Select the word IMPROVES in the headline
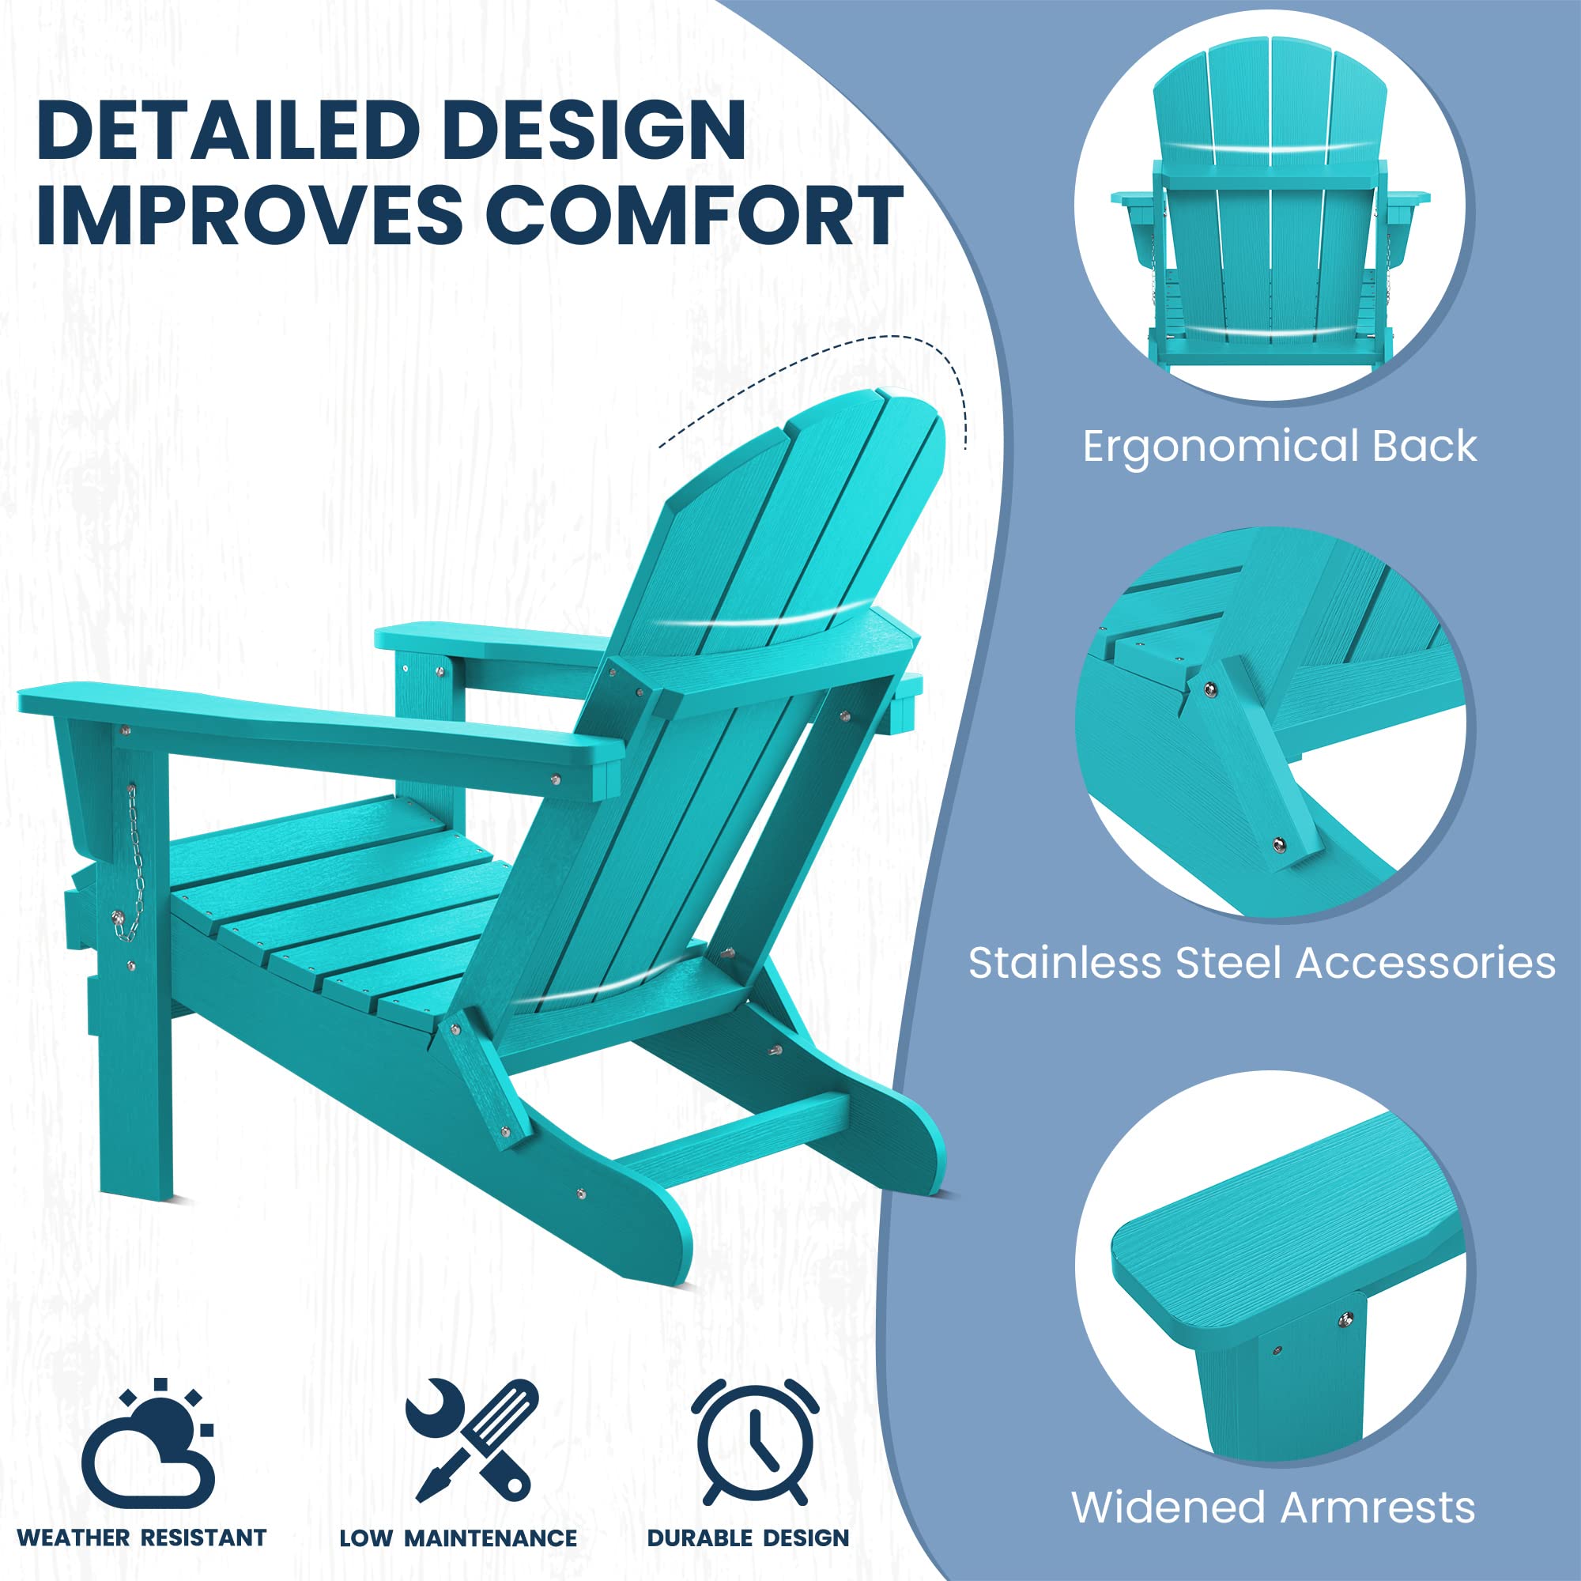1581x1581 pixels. tap(250, 214)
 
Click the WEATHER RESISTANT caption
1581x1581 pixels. tap(141, 1538)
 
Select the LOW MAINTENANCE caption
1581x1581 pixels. tap(458, 1538)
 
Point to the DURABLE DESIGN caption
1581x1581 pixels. tap(748, 1538)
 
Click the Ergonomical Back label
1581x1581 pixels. tap(1280, 447)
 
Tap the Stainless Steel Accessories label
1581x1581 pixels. tap(1262, 963)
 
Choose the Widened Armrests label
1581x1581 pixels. tap(1273, 1507)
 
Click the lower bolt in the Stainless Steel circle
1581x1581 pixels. tap(1279, 844)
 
